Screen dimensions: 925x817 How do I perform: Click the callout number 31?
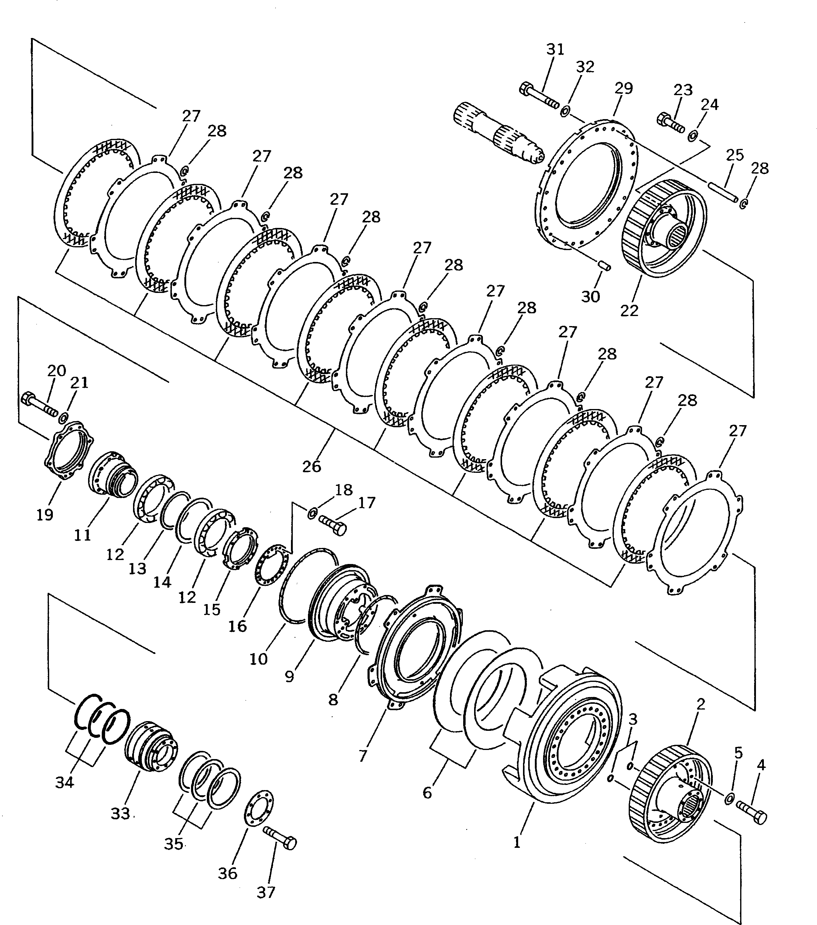tap(555, 49)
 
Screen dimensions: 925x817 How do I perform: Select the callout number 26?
tap(311, 466)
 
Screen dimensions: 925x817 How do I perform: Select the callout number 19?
tap(45, 514)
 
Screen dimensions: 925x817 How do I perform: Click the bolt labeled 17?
tap(333, 525)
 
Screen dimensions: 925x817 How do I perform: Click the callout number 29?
tap(624, 88)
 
